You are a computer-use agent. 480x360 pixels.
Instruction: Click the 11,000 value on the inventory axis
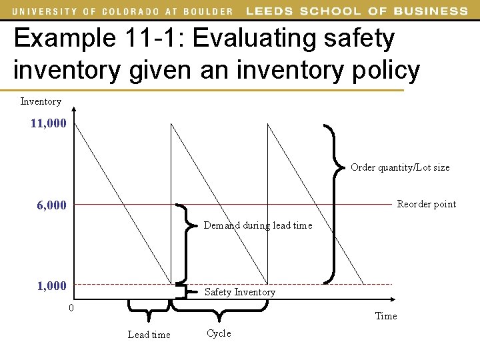(48, 123)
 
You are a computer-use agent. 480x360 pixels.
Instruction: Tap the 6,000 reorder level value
(52, 206)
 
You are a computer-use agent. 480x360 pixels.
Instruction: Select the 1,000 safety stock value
(52, 286)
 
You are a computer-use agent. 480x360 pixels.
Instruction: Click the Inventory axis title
(41, 101)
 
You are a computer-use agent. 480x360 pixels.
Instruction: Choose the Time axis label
(386, 316)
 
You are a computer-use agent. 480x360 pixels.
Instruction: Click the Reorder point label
(427, 204)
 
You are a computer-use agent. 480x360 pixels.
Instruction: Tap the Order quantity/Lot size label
(400, 167)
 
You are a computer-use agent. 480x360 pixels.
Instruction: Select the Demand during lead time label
(257, 225)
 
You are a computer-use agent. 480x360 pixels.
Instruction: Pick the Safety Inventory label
(239, 292)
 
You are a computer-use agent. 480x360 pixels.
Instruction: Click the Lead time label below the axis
(149, 335)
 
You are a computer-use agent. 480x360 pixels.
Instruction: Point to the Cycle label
(219, 333)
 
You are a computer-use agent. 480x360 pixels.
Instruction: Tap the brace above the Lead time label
(149, 306)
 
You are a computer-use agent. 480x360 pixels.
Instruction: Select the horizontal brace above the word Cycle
(219, 306)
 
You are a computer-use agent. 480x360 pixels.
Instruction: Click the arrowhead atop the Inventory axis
(75, 111)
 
